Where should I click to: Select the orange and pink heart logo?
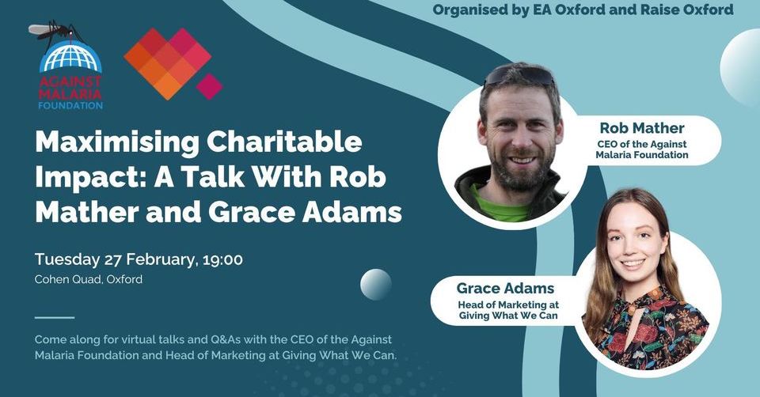(168, 63)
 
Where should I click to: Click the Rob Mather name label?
(642, 127)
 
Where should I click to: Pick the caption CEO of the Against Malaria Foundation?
(642, 149)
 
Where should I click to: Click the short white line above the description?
(55, 318)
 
